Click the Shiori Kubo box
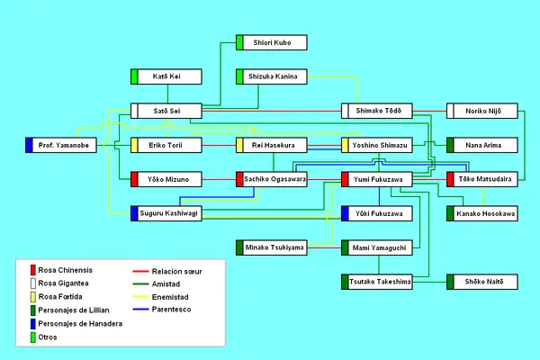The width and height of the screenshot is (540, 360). pyautogui.click(x=271, y=42)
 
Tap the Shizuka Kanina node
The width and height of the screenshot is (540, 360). pyautogui.click(x=271, y=76)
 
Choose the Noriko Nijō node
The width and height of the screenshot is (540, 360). pyautogui.click(x=481, y=111)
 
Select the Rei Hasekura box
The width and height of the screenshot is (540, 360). pyautogui.click(x=271, y=145)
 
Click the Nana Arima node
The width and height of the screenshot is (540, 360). pyautogui.click(x=481, y=145)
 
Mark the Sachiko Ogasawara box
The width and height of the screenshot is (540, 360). pyautogui.click(x=271, y=179)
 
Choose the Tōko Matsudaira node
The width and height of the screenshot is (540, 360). pyautogui.click(x=481, y=179)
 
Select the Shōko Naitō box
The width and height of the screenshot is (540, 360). pyautogui.click(x=481, y=282)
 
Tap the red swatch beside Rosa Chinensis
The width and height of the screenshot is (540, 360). pyautogui.click(x=32, y=269)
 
